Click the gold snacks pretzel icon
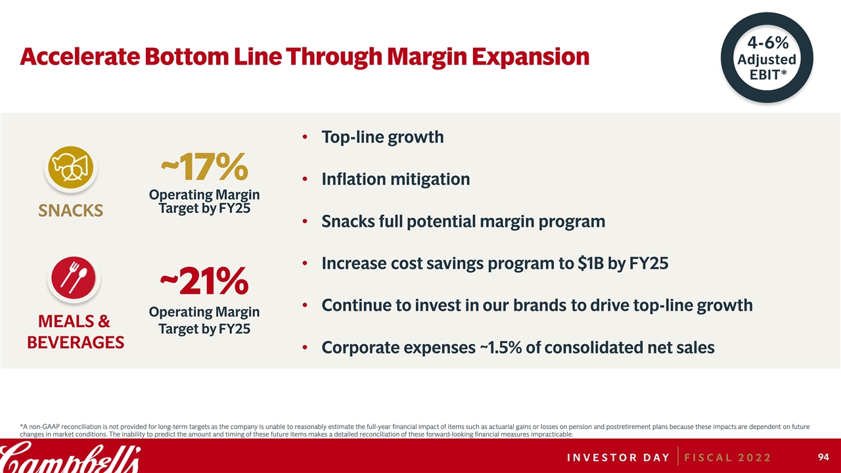click(x=71, y=168)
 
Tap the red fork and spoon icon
click(x=74, y=278)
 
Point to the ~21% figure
click(x=204, y=282)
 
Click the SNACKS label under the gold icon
click(x=71, y=210)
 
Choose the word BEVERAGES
click(x=76, y=342)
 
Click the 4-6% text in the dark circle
click(x=767, y=43)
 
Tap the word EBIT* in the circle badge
click(x=767, y=74)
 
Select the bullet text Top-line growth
click(x=382, y=137)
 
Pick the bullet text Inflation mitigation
click(x=396, y=179)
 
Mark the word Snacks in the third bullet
click(x=348, y=221)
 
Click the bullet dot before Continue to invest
click(x=306, y=305)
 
